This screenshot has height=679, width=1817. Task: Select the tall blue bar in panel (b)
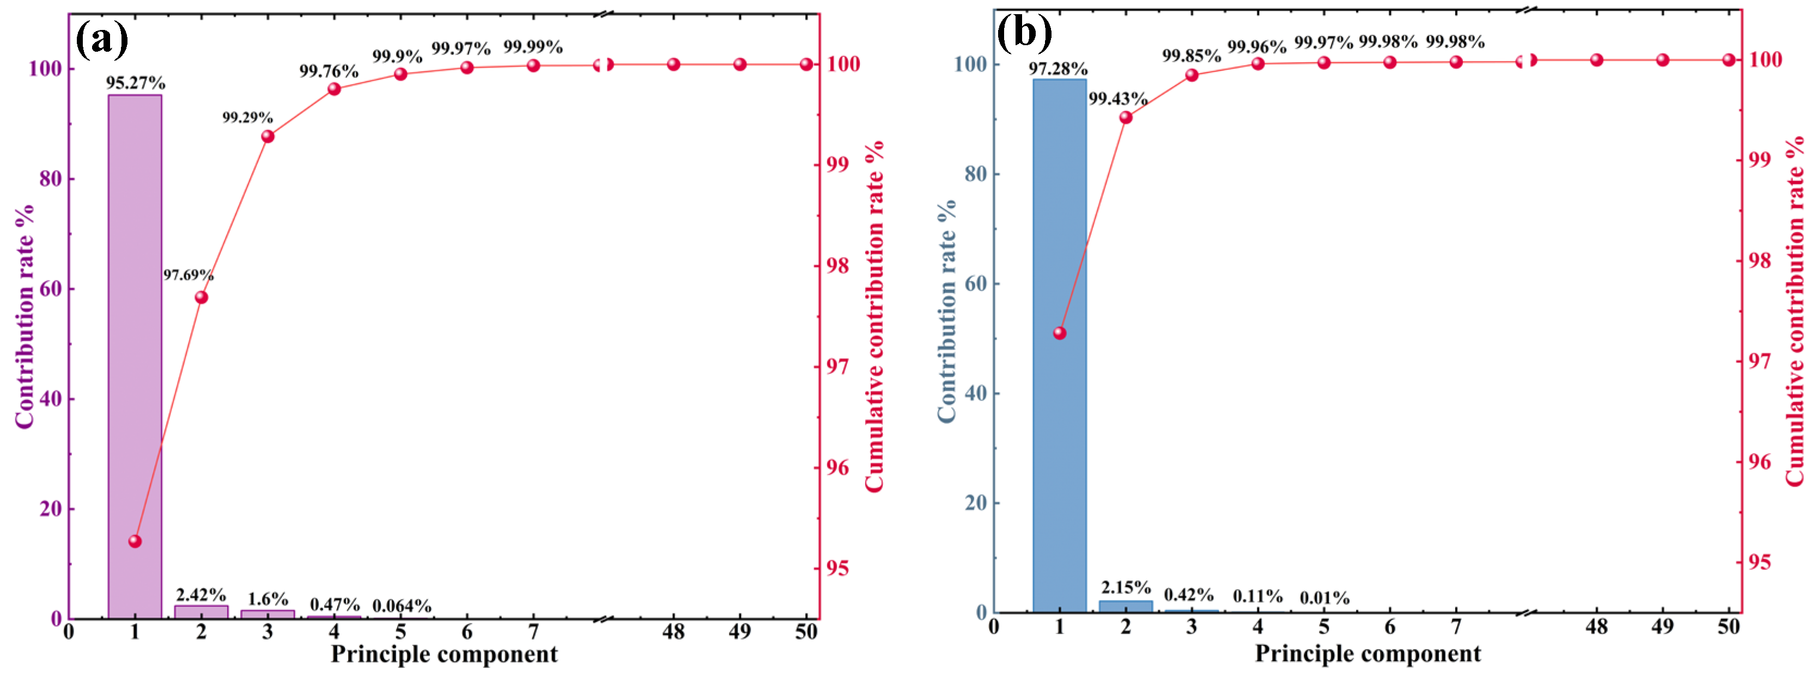[1060, 346]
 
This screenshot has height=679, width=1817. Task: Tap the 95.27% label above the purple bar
[136, 83]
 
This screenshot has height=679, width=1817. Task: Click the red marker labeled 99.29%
[268, 136]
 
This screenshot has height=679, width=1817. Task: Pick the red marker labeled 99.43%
[1126, 117]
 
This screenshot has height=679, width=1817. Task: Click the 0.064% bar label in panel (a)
[402, 605]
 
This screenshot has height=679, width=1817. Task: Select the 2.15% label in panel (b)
[1126, 586]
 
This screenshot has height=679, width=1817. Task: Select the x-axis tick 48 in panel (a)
[673, 632]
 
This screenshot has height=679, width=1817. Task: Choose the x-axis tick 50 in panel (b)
[1728, 626]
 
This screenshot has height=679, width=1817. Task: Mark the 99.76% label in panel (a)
[329, 70]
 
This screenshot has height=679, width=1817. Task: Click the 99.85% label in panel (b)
[1192, 55]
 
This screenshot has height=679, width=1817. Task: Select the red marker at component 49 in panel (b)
[1662, 60]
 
